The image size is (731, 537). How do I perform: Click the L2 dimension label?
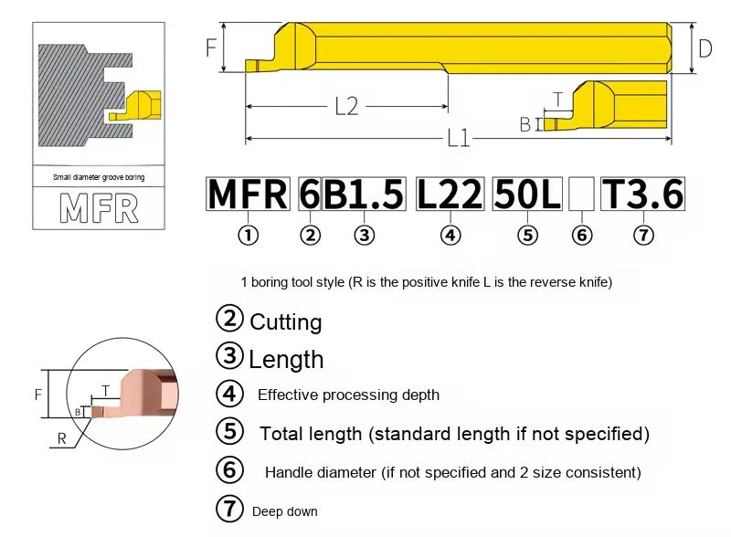[x=347, y=106]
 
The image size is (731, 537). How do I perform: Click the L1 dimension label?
[x=459, y=138]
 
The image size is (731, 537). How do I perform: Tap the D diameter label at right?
[x=705, y=48]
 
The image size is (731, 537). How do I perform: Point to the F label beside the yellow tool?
[x=211, y=47]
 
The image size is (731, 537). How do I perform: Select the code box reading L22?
[x=450, y=194]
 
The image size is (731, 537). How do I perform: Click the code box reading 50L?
[x=527, y=194]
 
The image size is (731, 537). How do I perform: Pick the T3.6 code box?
[x=643, y=194]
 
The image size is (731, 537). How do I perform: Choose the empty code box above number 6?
[x=581, y=194]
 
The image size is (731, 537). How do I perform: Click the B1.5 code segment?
[x=364, y=194]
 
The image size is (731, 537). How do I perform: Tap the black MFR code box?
[x=248, y=194]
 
